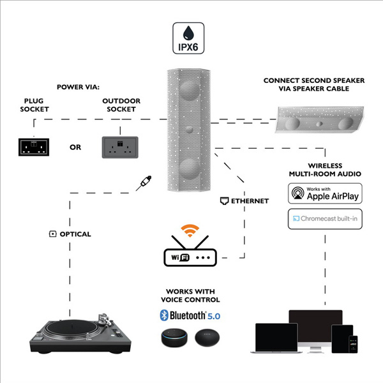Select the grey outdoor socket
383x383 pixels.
coord(121,146)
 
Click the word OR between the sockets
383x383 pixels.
coord(75,147)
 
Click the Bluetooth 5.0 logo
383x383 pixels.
coord(191,315)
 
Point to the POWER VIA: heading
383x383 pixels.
coord(78,87)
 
